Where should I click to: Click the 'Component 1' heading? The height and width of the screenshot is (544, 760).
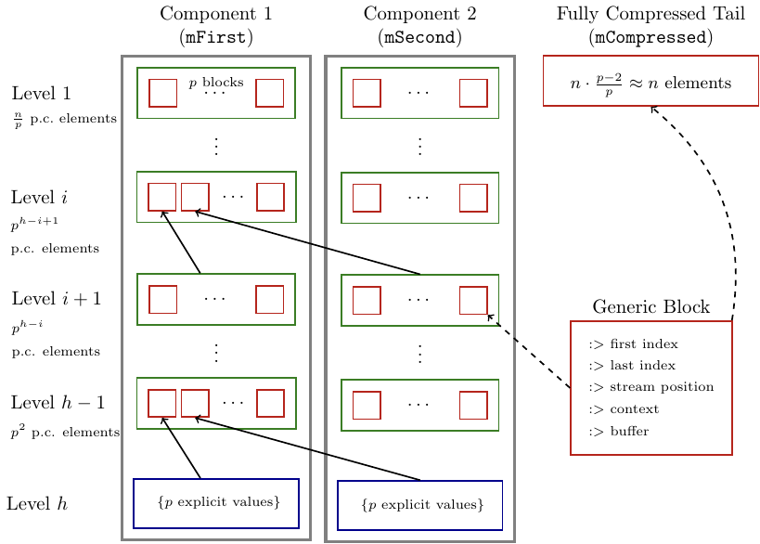pos(216,14)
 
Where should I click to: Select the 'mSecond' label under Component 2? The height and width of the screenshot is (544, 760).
pos(420,38)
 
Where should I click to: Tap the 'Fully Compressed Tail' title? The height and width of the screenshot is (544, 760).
pos(651,14)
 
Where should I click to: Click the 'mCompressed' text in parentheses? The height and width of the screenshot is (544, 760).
pos(651,38)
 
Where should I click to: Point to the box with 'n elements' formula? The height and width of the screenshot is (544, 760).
pos(651,82)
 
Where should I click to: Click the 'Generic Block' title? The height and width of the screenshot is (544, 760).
pos(651,307)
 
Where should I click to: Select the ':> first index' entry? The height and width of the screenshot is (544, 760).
pos(633,344)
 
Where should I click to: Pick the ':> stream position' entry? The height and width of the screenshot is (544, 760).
pos(651,387)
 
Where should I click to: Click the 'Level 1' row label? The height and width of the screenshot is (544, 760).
pos(41,94)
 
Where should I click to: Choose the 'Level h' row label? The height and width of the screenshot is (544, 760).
pos(37,505)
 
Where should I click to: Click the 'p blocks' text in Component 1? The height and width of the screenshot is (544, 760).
pos(216,83)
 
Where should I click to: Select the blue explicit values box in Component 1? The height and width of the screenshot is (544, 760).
pos(216,503)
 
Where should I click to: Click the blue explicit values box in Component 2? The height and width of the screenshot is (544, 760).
pos(419,505)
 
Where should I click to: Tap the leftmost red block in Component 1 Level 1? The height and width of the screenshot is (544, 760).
pos(163,93)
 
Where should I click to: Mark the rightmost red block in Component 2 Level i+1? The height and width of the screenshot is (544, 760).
pos(473,300)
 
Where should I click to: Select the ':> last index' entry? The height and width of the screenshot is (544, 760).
pos(632,366)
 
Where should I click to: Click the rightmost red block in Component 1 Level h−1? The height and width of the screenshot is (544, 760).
pos(270,403)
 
